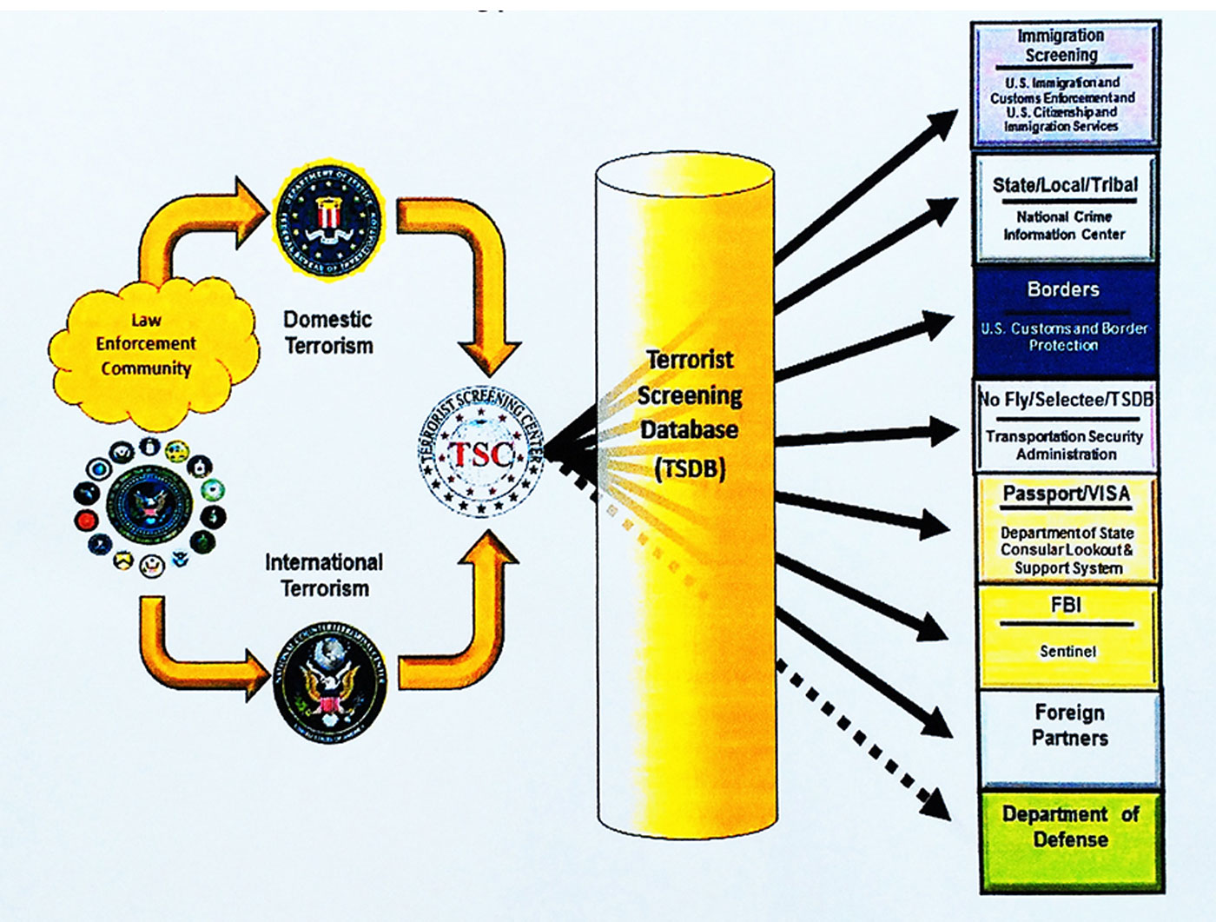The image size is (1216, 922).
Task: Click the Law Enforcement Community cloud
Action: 147,344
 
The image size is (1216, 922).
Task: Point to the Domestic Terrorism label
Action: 328,333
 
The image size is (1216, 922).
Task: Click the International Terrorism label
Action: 324,575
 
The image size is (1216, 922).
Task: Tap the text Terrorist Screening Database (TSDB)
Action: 690,414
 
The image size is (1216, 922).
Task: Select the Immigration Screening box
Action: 1064,83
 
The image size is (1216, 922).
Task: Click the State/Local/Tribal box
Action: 1065,208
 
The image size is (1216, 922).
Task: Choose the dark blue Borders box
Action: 1065,319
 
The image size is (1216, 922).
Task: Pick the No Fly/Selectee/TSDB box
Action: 1066,426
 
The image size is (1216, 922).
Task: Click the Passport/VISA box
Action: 1067,528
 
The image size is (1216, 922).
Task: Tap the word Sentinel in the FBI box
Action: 1068,651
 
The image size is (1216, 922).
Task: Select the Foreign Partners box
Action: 1069,736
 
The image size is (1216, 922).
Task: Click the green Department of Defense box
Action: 1070,839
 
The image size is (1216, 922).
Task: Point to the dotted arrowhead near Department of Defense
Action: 936,805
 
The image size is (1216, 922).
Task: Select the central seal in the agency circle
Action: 149,506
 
